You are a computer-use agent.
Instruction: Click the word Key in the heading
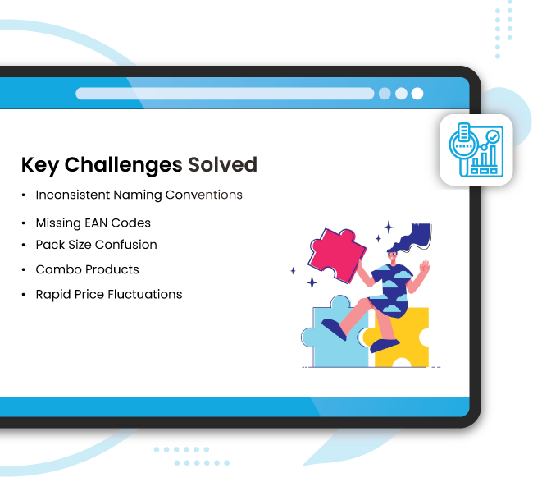tap(39, 165)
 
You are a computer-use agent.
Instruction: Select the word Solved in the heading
tap(222, 165)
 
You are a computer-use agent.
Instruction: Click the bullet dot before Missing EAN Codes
tap(23, 223)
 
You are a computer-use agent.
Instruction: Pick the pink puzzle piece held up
tap(336, 255)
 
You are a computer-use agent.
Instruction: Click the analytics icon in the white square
tap(476, 149)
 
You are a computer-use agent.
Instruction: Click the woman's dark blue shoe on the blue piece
tap(334, 329)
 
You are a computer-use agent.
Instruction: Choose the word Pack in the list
tap(49, 245)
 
